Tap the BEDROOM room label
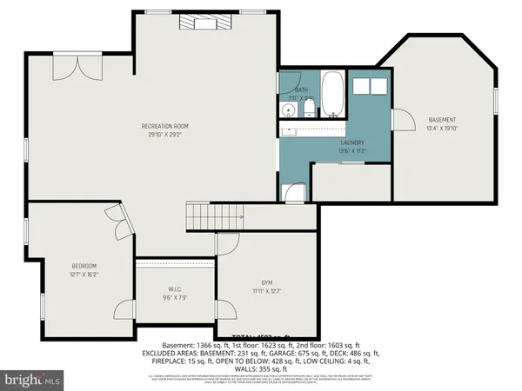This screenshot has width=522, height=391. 84,266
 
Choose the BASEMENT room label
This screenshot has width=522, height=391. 442,119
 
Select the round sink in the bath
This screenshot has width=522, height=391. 288,110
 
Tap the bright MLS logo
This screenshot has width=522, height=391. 32,380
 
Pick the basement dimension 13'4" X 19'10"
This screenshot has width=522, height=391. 442,128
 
